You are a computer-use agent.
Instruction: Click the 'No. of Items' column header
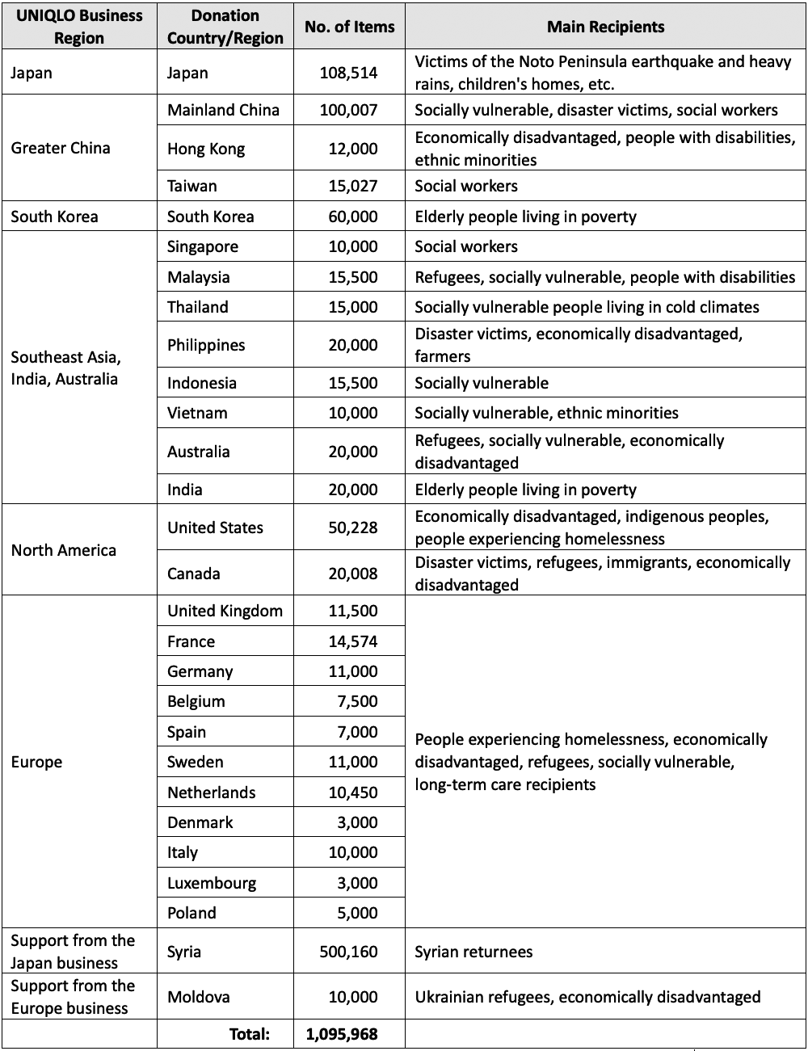point(349,27)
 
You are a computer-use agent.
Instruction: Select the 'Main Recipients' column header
point(605,27)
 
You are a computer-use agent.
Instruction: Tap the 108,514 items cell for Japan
point(348,73)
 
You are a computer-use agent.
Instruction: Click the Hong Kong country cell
point(205,149)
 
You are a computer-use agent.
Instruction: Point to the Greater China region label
point(61,148)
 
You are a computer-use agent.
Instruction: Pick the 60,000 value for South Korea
point(352,217)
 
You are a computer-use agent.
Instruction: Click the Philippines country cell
point(206,345)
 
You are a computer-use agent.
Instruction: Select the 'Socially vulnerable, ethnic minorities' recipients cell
point(546,413)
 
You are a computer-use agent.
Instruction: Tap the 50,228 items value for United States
point(352,528)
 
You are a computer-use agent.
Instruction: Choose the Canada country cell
point(193,574)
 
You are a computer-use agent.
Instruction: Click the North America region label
point(64,550)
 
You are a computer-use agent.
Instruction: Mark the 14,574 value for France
point(352,641)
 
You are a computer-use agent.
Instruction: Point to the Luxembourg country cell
point(212,883)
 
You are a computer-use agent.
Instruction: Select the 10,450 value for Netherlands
point(352,792)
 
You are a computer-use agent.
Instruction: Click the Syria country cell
point(184,952)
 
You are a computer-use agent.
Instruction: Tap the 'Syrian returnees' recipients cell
point(473,952)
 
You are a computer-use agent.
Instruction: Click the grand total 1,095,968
point(342,1033)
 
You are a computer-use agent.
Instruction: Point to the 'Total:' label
point(250,1033)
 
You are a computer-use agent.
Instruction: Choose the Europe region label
point(36,762)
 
